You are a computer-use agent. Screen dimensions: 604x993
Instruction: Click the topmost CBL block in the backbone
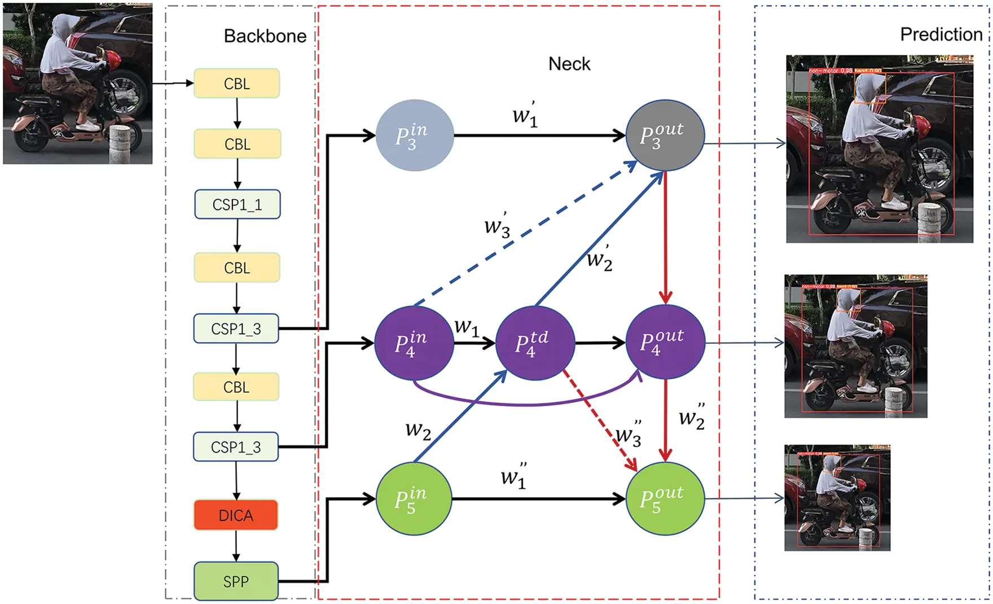(236, 84)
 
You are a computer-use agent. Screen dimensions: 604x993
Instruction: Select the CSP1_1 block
(237, 204)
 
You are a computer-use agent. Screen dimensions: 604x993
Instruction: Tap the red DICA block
(236, 515)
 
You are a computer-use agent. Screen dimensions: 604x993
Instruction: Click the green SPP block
(236, 581)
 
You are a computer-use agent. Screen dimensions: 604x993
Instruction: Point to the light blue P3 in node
(415, 135)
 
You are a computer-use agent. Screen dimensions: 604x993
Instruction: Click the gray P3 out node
(665, 135)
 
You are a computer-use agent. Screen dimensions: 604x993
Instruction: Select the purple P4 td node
(534, 343)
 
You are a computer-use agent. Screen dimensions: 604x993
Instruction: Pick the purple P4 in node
(414, 343)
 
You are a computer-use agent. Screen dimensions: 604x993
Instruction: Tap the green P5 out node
(665, 498)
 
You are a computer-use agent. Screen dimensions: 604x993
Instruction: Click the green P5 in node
(414, 498)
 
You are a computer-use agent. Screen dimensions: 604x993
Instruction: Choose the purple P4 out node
(665, 343)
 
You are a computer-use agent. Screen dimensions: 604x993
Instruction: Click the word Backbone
(265, 36)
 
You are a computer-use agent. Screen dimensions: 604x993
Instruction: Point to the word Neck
(569, 64)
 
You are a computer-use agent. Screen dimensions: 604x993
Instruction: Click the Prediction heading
(941, 34)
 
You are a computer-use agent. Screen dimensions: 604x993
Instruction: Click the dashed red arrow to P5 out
(598, 418)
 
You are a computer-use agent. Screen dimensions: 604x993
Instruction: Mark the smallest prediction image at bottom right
(837, 498)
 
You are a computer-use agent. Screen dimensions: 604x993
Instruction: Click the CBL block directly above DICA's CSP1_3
(236, 387)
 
